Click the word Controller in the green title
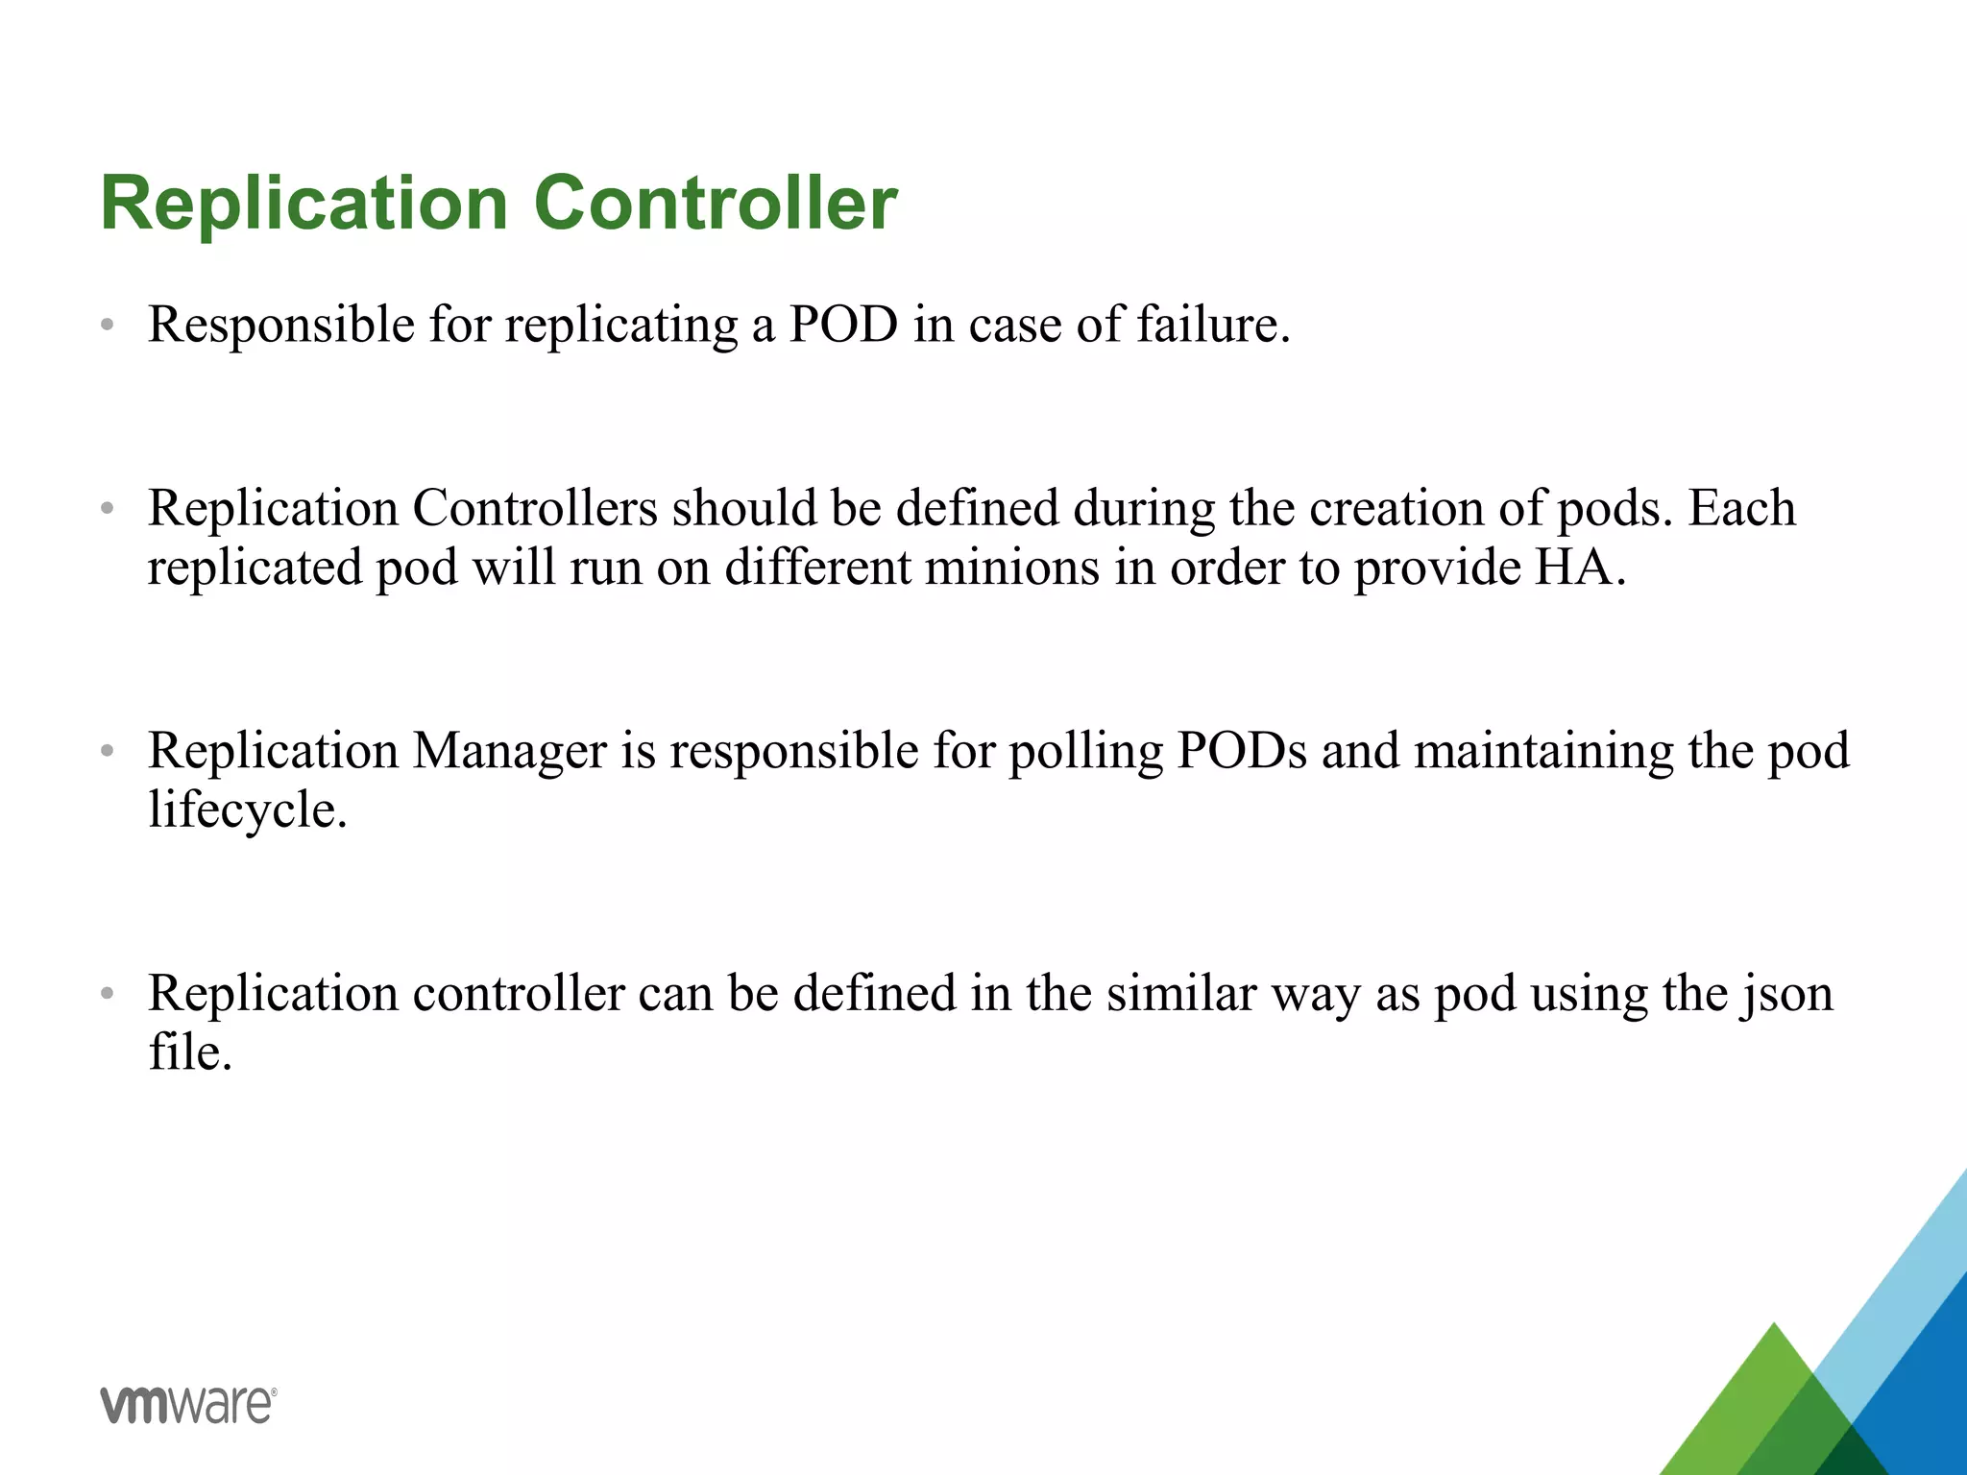click(x=716, y=204)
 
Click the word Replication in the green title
click(x=304, y=204)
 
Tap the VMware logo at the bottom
click(x=188, y=1405)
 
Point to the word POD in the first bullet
click(x=843, y=325)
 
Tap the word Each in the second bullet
click(x=1741, y=508)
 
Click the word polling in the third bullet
click(x=1085, y=750)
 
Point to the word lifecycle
click(x=247, y=810)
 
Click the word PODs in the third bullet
click(x=1242, y=750)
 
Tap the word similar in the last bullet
click(x=1180, y=993)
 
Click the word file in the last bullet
click(x=189, y=1052)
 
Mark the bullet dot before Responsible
click(x=108, y=326)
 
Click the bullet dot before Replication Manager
click(x=108, y=752)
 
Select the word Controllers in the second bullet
click(x=535, y=508)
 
